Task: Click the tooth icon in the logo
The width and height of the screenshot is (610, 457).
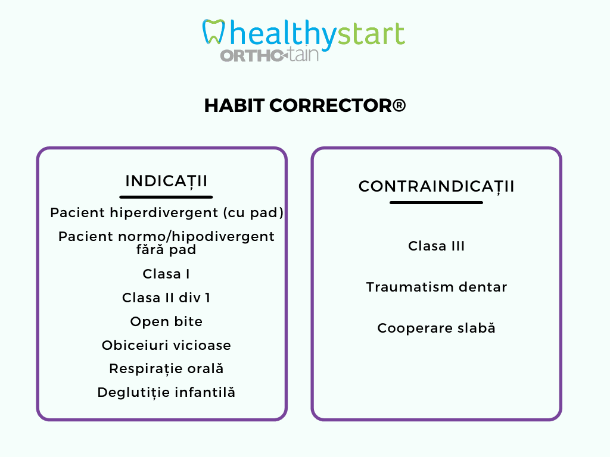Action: pos(213,32)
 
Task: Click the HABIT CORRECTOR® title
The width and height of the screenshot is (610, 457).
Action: pos(305,105)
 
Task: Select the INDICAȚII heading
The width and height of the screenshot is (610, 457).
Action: pos(166,181)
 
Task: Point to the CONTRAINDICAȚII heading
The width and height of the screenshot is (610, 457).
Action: pos(436,186)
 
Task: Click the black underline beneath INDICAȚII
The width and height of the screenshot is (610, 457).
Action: pos(166,197)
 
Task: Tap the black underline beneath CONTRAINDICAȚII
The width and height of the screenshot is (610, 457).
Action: pos(436,202)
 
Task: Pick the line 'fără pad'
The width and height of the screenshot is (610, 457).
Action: pos(166,249)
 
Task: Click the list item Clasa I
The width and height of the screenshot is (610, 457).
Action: pos(166,274)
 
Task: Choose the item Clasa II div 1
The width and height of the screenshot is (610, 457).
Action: pos(166,298)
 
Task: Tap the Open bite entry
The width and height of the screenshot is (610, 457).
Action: pos(166,321)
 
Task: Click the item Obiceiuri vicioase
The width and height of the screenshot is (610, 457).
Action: pos(166,345)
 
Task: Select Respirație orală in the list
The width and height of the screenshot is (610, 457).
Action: pos(166,369)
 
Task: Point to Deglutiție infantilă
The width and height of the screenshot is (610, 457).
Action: pos(166,393)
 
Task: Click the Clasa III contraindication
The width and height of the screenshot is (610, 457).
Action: pos(436,246)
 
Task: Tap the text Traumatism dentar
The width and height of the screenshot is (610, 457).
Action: pos(437,287)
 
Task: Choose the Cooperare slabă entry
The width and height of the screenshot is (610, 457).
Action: pos(436,328)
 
